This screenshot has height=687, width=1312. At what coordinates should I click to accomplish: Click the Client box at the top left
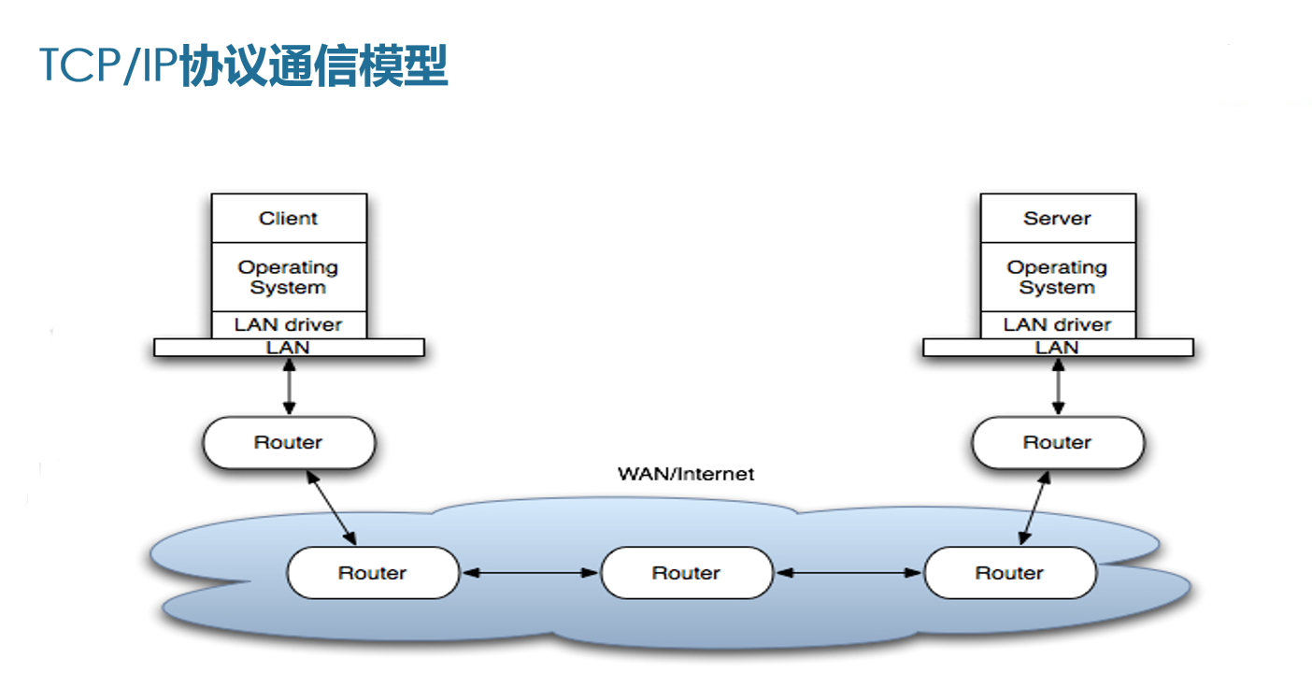pos(289,218)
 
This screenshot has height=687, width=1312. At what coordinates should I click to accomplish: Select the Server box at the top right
pos(1058,218)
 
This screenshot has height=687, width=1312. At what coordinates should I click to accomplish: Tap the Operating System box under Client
pos(289,277)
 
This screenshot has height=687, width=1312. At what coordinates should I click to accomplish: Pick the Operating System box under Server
pos(1058,277)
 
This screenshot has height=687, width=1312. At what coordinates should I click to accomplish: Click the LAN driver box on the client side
pos(289,324)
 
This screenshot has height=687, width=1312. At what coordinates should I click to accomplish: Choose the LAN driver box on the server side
pos(1058,324)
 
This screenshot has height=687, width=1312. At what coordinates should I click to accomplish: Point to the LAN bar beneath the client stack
pos(289,348)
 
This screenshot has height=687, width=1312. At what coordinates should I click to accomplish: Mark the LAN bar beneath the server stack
pos(1058,348)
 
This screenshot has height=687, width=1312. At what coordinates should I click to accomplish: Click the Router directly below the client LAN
pos(289,442)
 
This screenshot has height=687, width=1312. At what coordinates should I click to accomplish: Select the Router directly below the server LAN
pos(1058,442)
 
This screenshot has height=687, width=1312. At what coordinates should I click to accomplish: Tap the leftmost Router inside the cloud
pos(373,572)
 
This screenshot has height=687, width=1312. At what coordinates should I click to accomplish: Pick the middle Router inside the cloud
pos(687,572)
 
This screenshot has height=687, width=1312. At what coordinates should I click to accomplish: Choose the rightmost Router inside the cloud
pos(1009,572)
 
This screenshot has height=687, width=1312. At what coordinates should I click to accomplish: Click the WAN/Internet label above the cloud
pos(686,473)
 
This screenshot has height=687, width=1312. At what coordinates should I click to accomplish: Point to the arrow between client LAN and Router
pos(289,386)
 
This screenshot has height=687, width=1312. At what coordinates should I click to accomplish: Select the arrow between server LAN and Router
pos(1058,386)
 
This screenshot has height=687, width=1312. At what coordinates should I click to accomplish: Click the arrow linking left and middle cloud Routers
pos(530,572)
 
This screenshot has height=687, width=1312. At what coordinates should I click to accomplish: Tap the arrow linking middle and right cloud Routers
pos(849,572)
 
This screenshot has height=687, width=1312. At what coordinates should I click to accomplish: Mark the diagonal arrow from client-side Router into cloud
pos(332,508)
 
